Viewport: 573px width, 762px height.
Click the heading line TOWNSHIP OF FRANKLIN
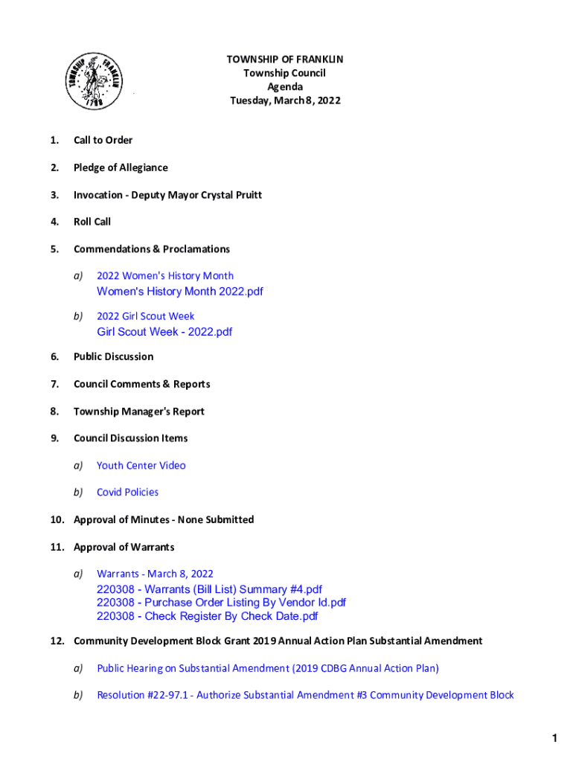point(285,60)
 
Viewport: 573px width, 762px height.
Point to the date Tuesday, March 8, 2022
point(285,100)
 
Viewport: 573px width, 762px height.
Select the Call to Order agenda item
point(103,141)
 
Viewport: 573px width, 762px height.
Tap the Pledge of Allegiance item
point(121,168)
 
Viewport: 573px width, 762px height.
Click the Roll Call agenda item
point(92,222)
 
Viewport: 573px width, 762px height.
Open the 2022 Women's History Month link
point(164,276)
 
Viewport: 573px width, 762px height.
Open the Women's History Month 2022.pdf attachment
point(180,292)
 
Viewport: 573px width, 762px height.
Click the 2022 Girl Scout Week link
point(145,316)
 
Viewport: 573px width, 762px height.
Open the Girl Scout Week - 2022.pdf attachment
point(164,332)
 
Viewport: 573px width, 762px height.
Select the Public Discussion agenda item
point(113,357)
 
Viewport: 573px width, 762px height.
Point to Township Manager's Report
point(138,412)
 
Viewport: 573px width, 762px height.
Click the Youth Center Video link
point(141,466)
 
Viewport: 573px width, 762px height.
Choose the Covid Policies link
point(127,493)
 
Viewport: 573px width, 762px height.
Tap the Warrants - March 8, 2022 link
point(155,574)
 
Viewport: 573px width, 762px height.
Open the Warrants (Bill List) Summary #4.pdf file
point(209,589)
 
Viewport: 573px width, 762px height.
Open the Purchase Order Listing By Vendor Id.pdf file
point(221,603)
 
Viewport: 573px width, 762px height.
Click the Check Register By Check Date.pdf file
point(207,616)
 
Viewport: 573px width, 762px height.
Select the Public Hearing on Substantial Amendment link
point(268,668)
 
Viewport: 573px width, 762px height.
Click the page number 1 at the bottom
point(554,738)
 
